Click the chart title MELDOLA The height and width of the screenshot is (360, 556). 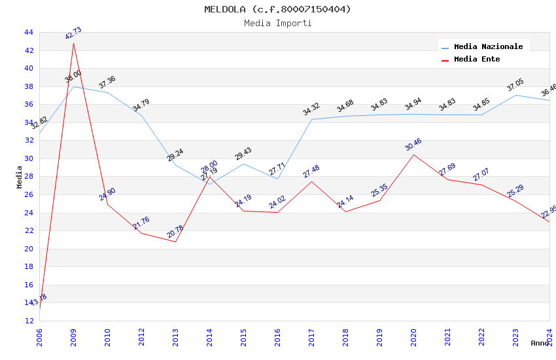tap(277, 9)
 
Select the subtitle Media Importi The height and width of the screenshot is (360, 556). tap(277, 23)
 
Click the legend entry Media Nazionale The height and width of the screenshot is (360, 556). tap(488, 46)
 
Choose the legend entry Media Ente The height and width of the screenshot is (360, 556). tap(477, 59)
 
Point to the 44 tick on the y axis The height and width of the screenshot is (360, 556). tap(28, 32)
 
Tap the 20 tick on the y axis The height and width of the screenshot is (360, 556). tap(28, 249)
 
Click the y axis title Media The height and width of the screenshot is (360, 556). tap(20, 177)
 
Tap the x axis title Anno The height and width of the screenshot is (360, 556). tap(540, 343)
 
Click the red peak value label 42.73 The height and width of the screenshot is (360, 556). tap(73, 34)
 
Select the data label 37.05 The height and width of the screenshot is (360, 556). tap(515, 85)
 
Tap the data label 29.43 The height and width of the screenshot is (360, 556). tap(243, 154)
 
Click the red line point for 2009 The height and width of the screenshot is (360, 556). tap(73, 43)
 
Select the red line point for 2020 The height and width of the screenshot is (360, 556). tap(413, 154)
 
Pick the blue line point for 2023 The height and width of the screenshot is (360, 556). tap(515, 95)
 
